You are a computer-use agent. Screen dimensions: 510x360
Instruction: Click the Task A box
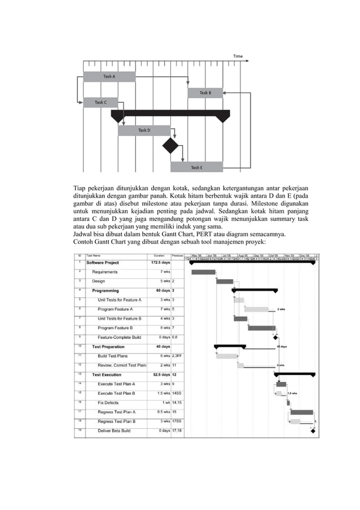[x=109, y=77]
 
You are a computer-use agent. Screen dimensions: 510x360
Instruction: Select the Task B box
[x=205, y=93]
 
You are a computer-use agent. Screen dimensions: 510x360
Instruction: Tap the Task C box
[x=100, y=103]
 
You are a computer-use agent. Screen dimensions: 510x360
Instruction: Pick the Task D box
[x=144, y=130]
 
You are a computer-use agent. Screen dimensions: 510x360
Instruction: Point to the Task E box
[x=196, y=167]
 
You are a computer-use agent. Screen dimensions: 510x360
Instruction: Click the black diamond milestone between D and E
[x=170, y=146]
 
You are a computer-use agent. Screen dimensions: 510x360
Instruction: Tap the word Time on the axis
[x=238, y=56]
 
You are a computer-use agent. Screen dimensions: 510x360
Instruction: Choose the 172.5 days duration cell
[x=161, y=263]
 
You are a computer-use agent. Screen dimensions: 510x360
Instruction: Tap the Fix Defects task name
[x=108, y=403]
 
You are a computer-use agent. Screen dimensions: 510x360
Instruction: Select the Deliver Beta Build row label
[x=114, y=430]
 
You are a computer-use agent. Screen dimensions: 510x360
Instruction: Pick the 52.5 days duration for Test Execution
[x=161, y=374]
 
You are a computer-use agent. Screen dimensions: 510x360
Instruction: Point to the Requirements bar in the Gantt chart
[x=203, y=272]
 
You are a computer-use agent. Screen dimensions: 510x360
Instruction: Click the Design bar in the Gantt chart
[x=225, y=281]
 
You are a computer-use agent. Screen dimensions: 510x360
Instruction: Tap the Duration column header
[x=159, y=255]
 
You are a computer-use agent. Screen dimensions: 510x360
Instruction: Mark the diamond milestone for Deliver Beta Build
[x=313, y=431]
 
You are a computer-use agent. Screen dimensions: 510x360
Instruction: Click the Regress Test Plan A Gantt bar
[x=301, y=412]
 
